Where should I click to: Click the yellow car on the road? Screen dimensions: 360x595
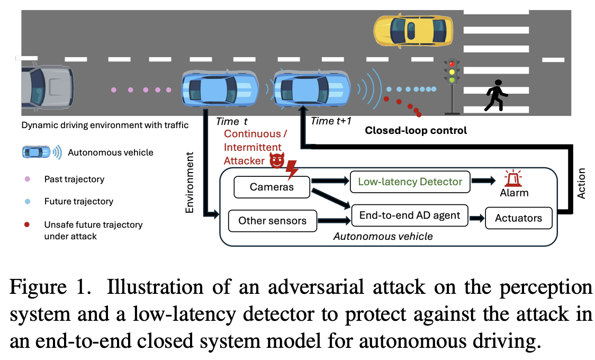413,30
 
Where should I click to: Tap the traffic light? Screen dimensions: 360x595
452,79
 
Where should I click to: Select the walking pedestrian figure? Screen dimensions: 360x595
495,95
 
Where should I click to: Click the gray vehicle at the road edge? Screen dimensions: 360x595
47,89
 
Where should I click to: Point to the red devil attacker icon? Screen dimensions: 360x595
276,161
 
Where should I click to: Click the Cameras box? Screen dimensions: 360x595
272,187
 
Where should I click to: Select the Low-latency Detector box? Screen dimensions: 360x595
410,182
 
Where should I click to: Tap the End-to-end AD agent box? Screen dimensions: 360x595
410,215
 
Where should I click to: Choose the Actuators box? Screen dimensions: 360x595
518,218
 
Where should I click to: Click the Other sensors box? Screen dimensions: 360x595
272,220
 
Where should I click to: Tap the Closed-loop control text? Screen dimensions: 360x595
416,130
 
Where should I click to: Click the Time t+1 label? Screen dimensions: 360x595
331,121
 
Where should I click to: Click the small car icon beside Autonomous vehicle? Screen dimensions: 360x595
36,152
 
